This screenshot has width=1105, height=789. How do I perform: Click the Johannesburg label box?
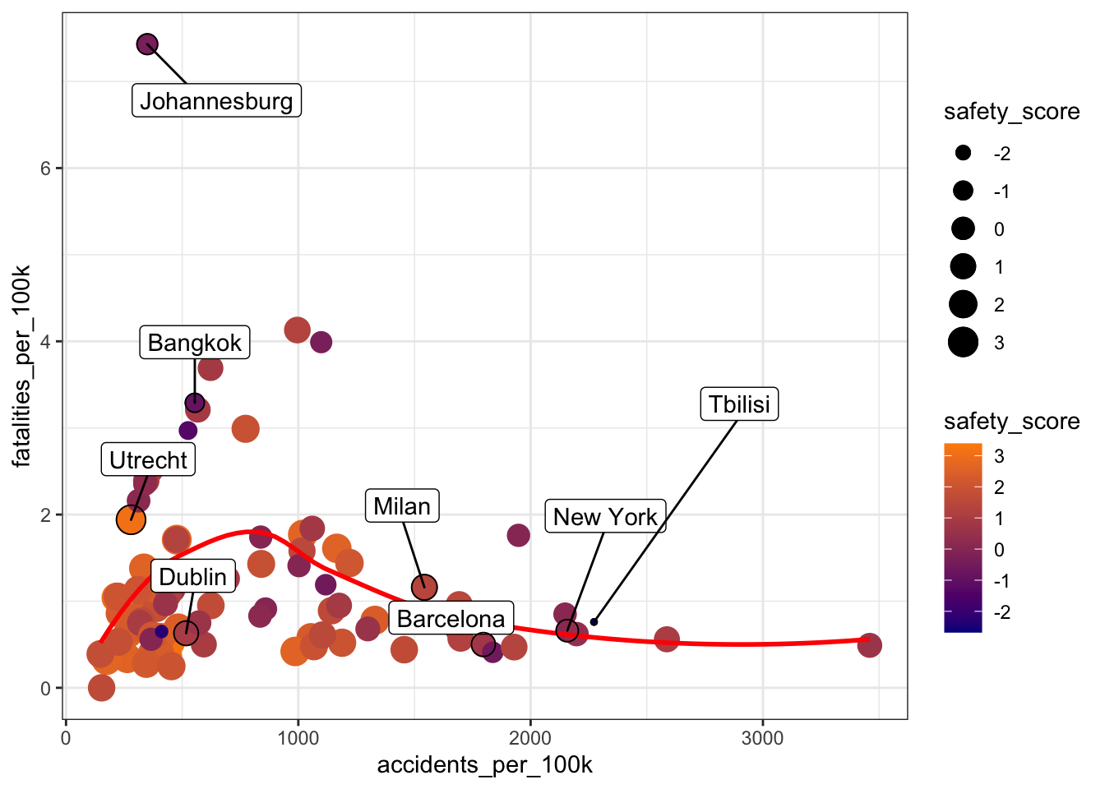[x=216, y=100]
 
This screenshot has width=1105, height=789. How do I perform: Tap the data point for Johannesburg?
[x=147, y=44]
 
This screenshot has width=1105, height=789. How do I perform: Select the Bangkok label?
[x=195, y=342]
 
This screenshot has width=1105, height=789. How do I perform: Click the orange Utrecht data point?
[x=131, y=519]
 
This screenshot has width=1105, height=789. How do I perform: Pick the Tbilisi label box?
[x=739, y=404]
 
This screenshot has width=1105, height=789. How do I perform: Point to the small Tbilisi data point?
[x=594, y=622]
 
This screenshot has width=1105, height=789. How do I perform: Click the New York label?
[x=605, y=517]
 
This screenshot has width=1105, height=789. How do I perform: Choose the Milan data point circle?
[x=423, y=588]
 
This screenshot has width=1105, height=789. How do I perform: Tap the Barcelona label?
[x=451, y=619]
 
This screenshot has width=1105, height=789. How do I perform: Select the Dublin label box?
[x=192, y=577]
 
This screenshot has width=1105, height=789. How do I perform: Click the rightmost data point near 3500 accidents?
[x=869, y=645]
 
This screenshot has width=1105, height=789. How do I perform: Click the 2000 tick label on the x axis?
[x=530, y=738]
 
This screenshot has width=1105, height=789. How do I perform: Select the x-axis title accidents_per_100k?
[x=485, y=765]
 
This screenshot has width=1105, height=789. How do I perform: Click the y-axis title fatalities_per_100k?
[x=22, y=366]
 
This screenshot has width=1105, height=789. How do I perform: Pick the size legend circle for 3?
[x=963, y=343]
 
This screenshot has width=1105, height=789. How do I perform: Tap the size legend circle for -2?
[x=963, y=154]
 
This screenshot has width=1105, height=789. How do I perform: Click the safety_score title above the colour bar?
[x=1011, y=422]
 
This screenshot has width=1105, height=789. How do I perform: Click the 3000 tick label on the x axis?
[x=762, y=738]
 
